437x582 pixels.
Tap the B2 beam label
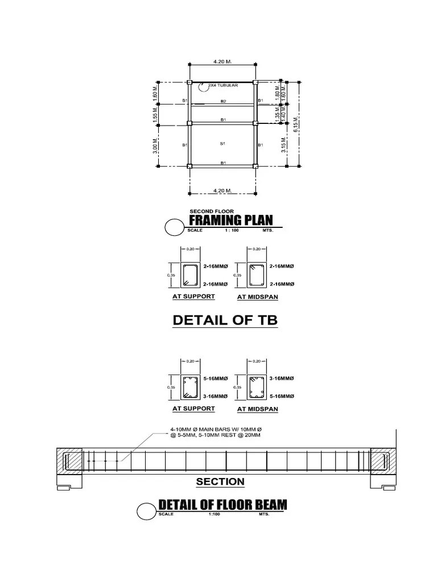pyautogui.click(x=224, y=101)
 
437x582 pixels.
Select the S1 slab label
pyautogui.click(x=223, y=144)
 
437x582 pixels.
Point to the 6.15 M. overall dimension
pyautogui.click(x=295, y=124)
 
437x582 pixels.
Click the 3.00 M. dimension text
pyautogui.click(x=155, y=145)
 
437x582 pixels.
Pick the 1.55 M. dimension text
pyautogui.click(x=155, y=115)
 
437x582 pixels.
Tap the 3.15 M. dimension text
pyautogui.click(x=283, y=145)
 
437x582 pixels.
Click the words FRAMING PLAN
pyautogui.click(x=230, y=221)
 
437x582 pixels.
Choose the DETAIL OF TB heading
pyautogui.click(x=225, y=320)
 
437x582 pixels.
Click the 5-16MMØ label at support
pyautogui.click(x=216, y=378)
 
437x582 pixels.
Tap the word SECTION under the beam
pyautogui.click(x=220, y=482)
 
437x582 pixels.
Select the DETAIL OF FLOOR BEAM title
pyautogui.click(x=222, y=504)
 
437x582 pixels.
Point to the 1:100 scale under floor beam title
pyautogui.click(x=214, y=514)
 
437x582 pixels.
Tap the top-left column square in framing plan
pyautogui.click(x=189, y=83)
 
